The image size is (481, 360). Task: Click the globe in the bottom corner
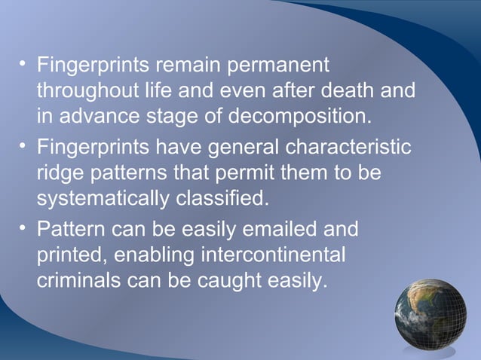click(430, 314)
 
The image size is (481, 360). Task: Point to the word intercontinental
click(273, 254)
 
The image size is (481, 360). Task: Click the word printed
click(72, 254)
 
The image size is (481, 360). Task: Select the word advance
click(95, 117)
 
